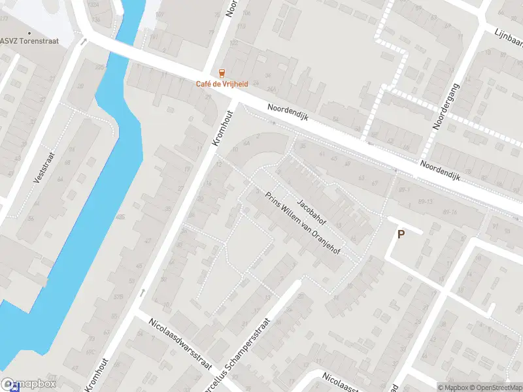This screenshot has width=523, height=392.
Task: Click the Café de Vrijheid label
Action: click(x=222, y=84)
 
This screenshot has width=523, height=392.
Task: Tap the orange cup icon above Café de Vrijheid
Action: click(x=222, y=73)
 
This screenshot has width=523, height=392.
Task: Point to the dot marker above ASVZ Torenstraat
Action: click(x=29, y=33)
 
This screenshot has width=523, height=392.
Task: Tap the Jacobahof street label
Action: click(x=311, y=209)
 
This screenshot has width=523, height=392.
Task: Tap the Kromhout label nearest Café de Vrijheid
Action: click(x=223, y=128)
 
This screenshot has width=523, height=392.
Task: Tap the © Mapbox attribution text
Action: click(x=455, y=387)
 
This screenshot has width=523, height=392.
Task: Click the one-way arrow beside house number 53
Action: click(x=143, y=293)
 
